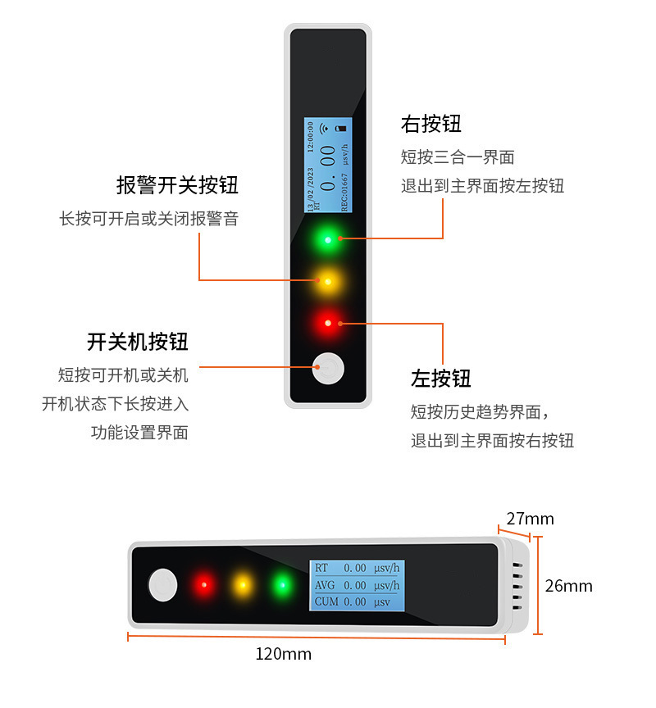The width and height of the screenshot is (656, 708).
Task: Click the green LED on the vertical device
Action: pos(328,240)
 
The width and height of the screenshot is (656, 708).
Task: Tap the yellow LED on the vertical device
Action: pos(328,282)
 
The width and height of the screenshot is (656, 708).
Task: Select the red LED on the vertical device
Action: pos(328,324)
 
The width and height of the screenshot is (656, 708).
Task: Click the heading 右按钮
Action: pos(431,124)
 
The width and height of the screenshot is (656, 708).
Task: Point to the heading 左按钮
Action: pos(441,379)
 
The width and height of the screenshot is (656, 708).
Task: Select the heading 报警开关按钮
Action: pos(177,185)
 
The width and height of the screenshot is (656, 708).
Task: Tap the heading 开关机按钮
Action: pos(137,342)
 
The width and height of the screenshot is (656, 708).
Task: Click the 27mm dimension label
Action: pos(530,519)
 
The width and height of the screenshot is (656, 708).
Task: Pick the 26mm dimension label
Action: pos(569,586)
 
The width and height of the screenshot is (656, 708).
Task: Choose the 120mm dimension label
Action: pos(283,654)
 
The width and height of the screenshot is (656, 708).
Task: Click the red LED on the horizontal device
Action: pos(203,585)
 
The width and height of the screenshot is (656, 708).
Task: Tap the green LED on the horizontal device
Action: pos(282,585)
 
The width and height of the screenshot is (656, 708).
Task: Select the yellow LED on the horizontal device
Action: pos(243,585)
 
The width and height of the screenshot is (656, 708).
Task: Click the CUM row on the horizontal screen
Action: pos(353,602)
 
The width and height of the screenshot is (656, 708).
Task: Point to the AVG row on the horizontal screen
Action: pos(357,585)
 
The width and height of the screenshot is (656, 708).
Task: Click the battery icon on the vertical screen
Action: pos(342,129)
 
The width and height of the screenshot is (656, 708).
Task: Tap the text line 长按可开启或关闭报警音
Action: pos(148,219)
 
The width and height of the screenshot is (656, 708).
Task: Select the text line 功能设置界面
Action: pos(139,433)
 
